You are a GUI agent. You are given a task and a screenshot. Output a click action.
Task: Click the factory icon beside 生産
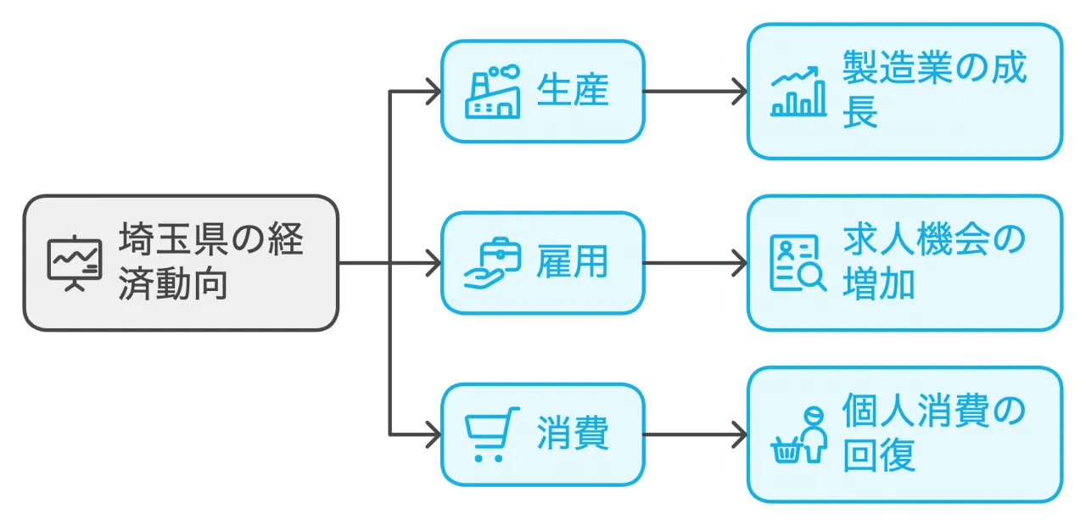(x=492, y=91)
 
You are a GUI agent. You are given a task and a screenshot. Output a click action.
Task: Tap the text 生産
(x=573, y=91)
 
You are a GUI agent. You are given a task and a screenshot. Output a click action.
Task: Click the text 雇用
(x=573, y=263)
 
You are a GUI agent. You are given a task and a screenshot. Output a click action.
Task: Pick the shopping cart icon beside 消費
(x=492, y=434)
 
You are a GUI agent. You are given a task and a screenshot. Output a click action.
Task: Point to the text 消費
(x=573, y=434)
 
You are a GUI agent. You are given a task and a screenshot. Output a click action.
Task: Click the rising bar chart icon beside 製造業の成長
(x=798, y=91)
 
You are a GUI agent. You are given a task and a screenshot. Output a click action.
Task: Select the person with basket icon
(x=798, y=434)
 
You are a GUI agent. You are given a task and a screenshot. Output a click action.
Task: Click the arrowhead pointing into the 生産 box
(x=434, y=91)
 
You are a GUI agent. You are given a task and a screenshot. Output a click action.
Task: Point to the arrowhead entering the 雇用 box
(x=434, y=263)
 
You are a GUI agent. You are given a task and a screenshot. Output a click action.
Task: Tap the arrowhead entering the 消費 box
(x=434, y=434)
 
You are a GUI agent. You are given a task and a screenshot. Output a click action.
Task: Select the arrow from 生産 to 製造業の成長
(x=696, y=91)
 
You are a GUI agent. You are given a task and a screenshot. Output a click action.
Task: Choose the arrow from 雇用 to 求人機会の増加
(x=696, y=263)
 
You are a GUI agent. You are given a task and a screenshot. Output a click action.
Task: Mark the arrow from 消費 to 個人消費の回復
(x=696, y=434)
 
